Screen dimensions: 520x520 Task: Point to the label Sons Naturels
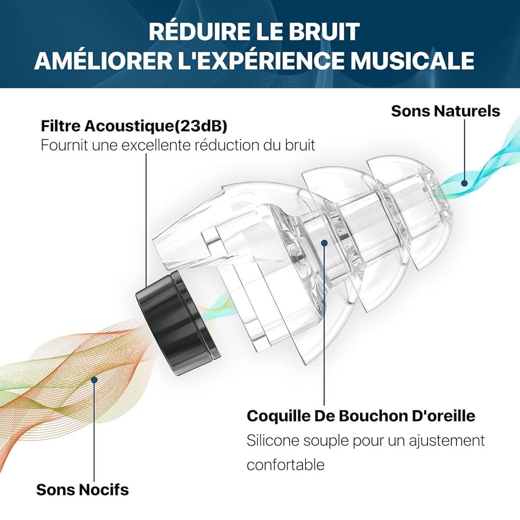coord(446,111)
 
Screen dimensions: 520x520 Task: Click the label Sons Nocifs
coord(83,489)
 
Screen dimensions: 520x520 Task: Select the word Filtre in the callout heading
coord(60,126)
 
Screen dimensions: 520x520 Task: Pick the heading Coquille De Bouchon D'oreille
coord(361,415)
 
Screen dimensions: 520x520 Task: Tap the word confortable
coord(285,464)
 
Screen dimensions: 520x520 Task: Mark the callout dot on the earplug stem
coord(324,243)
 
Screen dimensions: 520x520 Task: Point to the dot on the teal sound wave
coord(464,183)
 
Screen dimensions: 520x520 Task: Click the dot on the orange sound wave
coord(95,380)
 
